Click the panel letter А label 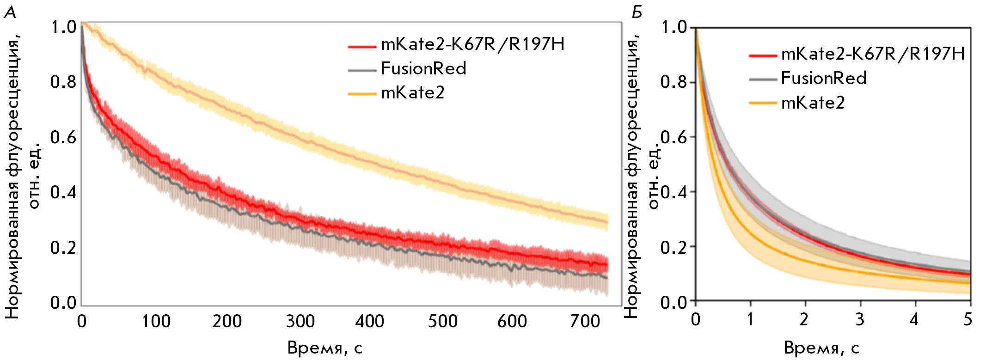click(x=10, y=12)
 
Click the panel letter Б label click(x=637, y=12)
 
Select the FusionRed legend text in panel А click(x=423, y=69)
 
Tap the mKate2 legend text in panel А click(x=412, y=93)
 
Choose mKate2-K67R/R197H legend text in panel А click(x=472, y=44)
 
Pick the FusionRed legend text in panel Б click(x=824, y=79)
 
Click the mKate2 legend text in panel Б click(x=813, y=103)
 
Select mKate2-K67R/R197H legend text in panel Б click(x=873, y=55)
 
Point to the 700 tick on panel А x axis click(x=585, y=321)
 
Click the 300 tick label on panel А click(x=300, y=321)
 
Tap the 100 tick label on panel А click(x=156, y=321)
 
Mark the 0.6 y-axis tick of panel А click(x=63, y=137)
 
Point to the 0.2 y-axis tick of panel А click(x=63, y=248)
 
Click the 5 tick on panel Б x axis click(x=968, y=319)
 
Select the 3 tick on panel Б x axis click(x=859, y=319)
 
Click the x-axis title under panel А click(x=325, y=348)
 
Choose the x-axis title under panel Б click(x=821, y=348)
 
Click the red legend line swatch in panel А click(x=361, y=46)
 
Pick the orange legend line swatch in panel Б click(x=762, y=103)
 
